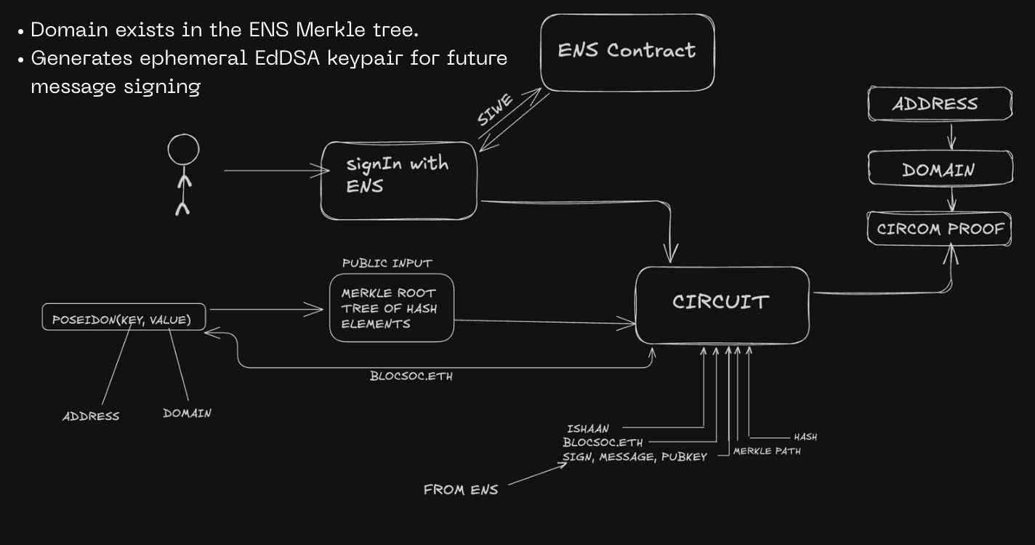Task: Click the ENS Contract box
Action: [x=627, y=52]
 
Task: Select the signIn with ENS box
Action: [x=398, y=179]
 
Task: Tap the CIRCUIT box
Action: [x=722, y=304]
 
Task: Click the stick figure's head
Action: [x=183, y=150]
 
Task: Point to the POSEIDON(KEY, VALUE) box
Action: [x=123, y=318]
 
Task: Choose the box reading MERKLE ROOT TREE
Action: [x=391, y=308]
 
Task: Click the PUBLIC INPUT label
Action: [x=387, y=263]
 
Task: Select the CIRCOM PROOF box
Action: [x=940, y=230]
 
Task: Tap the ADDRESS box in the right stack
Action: [x=939, y=104]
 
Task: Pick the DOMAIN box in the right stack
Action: [x=939, y=170]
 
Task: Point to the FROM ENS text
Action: [x=461, y=490]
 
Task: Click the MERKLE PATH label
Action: [x=767, y=451]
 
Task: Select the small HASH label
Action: [x=805, y=437]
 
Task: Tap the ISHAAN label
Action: [x=588, y=429]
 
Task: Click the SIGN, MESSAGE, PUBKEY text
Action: [x=635, y=457]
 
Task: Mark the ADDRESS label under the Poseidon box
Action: [x=91, y=416]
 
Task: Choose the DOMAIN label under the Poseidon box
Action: [x=187, y=413]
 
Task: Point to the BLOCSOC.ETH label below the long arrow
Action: [x=411, y=376]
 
